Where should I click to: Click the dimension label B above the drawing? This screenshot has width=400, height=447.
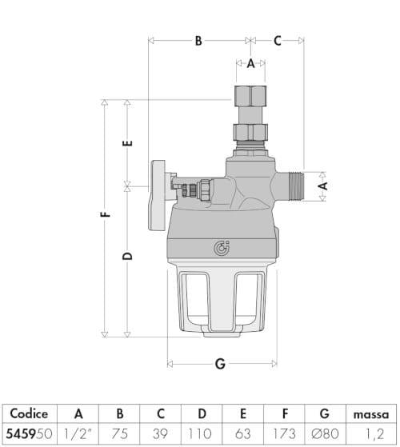(x=198, y=41)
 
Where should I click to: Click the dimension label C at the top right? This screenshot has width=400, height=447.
(x=277, y=41)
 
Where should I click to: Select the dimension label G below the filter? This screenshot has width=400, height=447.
(x=220, y=364)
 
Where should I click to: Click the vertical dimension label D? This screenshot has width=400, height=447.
(x=128, y=257)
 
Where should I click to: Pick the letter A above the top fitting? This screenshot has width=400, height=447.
(x=250, y=63)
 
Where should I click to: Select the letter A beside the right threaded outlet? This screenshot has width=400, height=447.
(x=322, y=185)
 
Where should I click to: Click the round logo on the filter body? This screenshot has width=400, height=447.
(x=222, y=248)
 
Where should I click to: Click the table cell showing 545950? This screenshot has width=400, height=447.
(x=29, y=434)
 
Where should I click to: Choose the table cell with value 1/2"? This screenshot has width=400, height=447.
(x=78, y=434)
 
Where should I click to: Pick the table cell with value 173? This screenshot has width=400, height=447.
(x=284, y=434)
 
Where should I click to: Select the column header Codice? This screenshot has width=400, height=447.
(x=29, y=414)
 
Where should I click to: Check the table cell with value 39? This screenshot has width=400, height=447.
(x=161, y=434)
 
